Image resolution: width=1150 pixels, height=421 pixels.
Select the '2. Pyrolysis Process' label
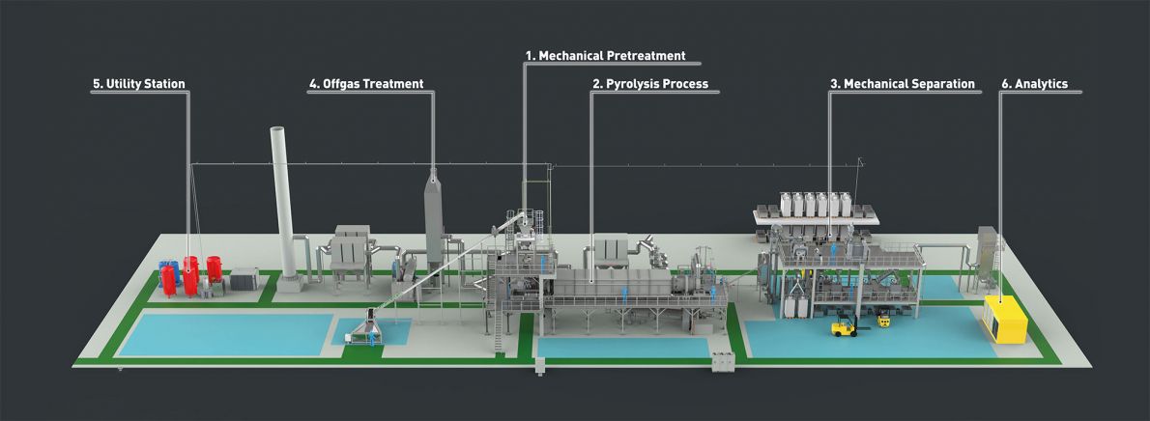pyautogui.click(x=649, y=84)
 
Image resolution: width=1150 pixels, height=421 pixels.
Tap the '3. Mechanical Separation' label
pyautogui.click(x=902, y=84)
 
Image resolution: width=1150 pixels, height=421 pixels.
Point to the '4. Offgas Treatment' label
pyautogui.click(x=366, y=84)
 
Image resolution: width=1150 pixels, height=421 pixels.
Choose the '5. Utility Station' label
pyautogui.click(x=138, y=84)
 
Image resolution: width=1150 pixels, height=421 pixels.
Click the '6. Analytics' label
pyautogui.click(x=1034, y=84)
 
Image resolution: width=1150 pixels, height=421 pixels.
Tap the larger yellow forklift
pyautogui.click(x=844, y=326)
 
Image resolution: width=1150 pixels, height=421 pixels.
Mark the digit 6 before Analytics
pyautogui.click(x=1005, y=84)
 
